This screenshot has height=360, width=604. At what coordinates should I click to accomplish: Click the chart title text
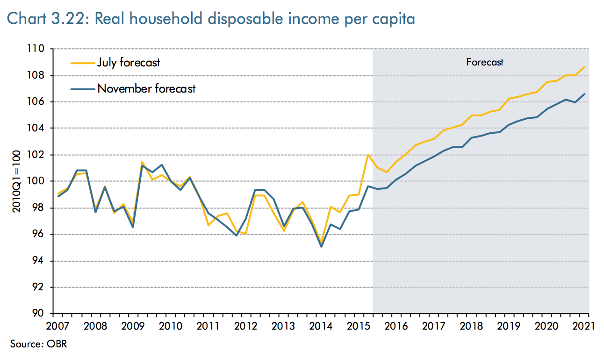(x=211, y=19)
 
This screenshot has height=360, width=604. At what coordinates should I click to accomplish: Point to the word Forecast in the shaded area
(x=485, y=62)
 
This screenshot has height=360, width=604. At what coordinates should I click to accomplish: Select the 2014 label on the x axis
(x=322, y=325)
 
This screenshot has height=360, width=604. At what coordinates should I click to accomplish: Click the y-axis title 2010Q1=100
(x=16, y=181)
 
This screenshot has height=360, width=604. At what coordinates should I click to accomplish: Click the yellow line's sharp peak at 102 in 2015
(x=368, y=154)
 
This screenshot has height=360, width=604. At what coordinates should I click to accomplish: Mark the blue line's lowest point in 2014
(x=321, y=246)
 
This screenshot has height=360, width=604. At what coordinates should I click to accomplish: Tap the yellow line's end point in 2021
(x=585, y=67)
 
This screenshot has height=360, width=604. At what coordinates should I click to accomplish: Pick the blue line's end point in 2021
(x=585, y=94)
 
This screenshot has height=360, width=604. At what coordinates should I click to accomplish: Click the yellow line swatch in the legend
(x=81, y=62)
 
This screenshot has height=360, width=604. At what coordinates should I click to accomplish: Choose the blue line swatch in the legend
(x=81, y=88)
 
